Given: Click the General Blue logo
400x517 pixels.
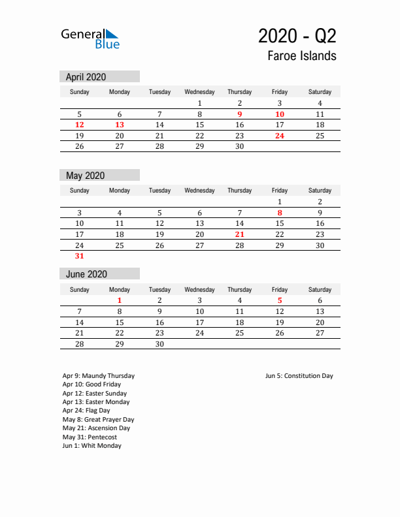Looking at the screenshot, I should [90, 39].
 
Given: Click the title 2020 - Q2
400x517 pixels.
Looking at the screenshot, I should [297, 35].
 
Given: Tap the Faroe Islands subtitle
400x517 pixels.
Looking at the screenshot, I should [301, 55].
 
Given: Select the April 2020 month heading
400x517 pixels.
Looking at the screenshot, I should [86, 76].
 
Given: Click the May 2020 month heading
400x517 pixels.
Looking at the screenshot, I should [85, 175].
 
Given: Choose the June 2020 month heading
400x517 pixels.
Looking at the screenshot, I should [86, 274].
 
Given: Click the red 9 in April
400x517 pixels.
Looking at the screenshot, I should [240, 114].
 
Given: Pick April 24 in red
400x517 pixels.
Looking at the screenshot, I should [280, 136].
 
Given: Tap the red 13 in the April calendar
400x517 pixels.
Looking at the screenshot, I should [120, 125].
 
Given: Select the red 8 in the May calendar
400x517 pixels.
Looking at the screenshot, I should [280, 212].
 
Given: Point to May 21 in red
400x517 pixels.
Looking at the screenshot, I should [240, 234].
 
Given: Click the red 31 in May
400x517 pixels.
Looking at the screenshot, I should [80, 257].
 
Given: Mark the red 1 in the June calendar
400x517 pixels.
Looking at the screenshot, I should [120, 300].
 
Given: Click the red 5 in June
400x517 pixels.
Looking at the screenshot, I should [280, 300].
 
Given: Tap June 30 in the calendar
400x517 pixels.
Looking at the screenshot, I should [159, 344].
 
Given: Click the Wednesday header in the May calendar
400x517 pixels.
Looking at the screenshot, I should [199, 191].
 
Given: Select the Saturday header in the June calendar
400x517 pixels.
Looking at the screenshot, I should [320, 289].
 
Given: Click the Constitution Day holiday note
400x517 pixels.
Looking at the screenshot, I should [299, 376].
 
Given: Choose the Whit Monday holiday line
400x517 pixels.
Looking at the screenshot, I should [92, 446].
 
